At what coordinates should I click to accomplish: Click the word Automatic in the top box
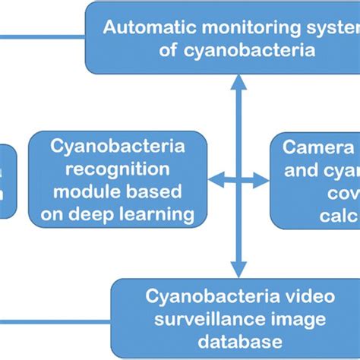click(x=140, y=28)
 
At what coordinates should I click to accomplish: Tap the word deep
click(x=96, y=214)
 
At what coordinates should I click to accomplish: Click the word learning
click(x=157, y=214)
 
